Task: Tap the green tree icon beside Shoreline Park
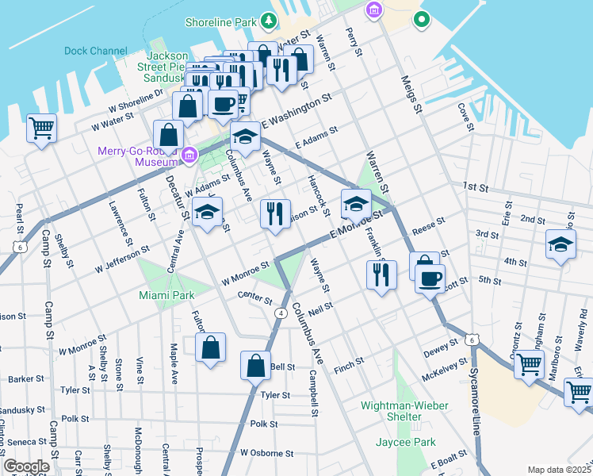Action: tap(270, 21)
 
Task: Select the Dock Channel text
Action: tap(95, 51)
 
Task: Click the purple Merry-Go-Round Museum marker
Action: tap(189, 155)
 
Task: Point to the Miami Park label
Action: tap(166, 295)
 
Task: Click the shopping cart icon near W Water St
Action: tap(41, 127)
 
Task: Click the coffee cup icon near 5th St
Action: tap(430, 279)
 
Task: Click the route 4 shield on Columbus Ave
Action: tap(281, 313)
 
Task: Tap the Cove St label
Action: tap(464, 117)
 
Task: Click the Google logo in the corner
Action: tap(26, 466)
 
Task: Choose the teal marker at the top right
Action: tap(421, 17)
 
